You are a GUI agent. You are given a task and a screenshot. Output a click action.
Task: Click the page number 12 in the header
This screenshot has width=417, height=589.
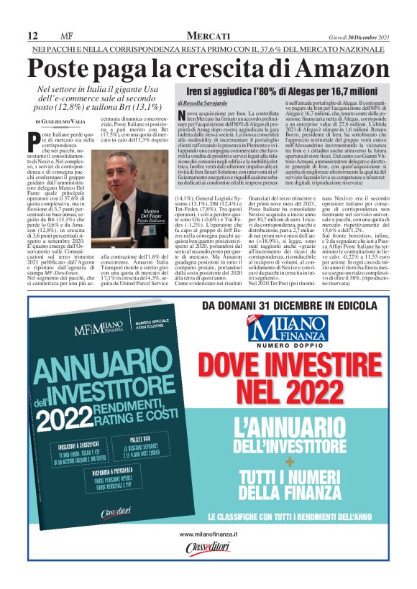click(x=33, y=36)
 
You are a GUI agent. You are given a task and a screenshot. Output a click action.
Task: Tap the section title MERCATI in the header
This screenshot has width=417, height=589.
click(x=208, y=36)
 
